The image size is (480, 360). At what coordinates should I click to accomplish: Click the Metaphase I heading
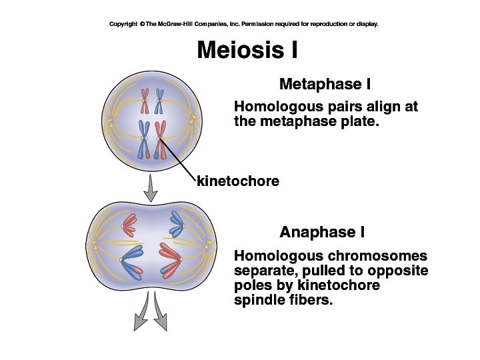325,85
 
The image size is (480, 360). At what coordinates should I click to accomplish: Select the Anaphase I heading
322,232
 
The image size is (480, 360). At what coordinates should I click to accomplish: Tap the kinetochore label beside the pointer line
238,181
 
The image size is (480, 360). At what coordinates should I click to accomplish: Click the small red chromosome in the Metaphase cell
145,101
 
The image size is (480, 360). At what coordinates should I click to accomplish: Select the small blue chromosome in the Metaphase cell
159,101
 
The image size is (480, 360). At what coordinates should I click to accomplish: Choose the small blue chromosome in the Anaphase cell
177,225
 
